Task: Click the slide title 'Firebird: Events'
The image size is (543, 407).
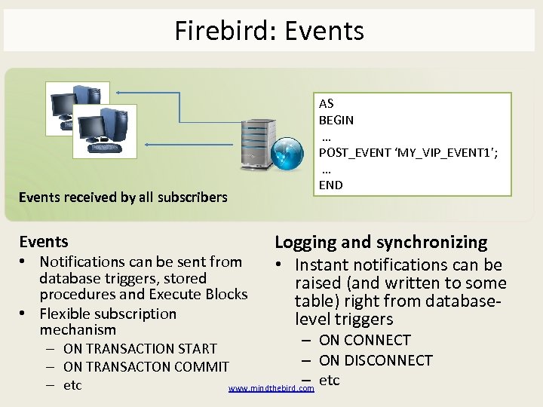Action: (269, 31)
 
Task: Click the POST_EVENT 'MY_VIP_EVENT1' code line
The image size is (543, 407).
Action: (408, 152)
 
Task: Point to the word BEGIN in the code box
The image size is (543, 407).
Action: (336, 120)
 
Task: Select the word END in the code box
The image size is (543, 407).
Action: (330, 185)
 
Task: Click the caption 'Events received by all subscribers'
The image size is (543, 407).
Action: (123, 197)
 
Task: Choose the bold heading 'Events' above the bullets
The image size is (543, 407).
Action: (44, 242)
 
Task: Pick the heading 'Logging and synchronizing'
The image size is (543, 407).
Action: (381, 242)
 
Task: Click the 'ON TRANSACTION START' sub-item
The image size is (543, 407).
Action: (140, 349)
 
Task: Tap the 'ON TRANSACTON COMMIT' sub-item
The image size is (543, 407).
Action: (146, 367)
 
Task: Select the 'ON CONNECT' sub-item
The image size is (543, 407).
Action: (365, 341)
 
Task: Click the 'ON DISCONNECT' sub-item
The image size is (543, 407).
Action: (376, 360)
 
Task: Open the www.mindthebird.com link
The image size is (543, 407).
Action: (271, 389)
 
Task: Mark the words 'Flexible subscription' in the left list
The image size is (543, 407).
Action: (108, 314)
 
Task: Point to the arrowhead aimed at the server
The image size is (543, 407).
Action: (239, 120)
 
